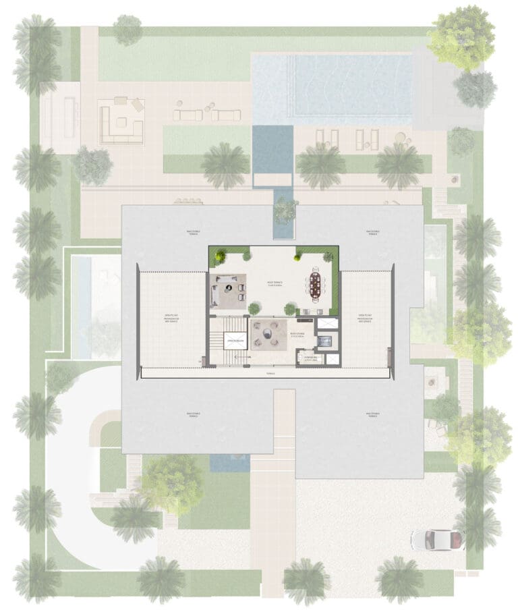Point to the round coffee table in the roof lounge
(268, 333)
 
